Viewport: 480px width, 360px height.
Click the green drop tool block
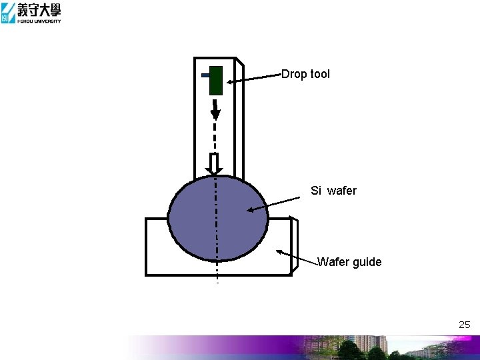(x=215, y=81)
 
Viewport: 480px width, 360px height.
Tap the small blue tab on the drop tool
(x=205, y=75)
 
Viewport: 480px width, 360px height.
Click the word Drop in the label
(x=293, y=74)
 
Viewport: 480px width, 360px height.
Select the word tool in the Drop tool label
(x=319, y=74)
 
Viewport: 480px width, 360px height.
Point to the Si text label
(x=316, y=191)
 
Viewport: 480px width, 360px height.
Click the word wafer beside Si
(x=342, y=191)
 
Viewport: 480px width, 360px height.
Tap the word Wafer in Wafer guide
(x=332, y=262)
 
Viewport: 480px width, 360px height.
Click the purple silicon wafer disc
(x=217, y=217)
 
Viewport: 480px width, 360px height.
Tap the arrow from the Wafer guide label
(x=297, y=257)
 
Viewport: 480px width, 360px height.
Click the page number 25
(x=464, y=325)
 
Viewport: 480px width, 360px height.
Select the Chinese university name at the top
(x=39, y=9)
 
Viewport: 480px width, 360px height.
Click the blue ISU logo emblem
(x=8, y=13)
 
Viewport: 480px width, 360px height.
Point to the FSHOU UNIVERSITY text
(x=39, y=21)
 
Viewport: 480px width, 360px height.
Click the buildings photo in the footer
(x=373, y=347)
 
